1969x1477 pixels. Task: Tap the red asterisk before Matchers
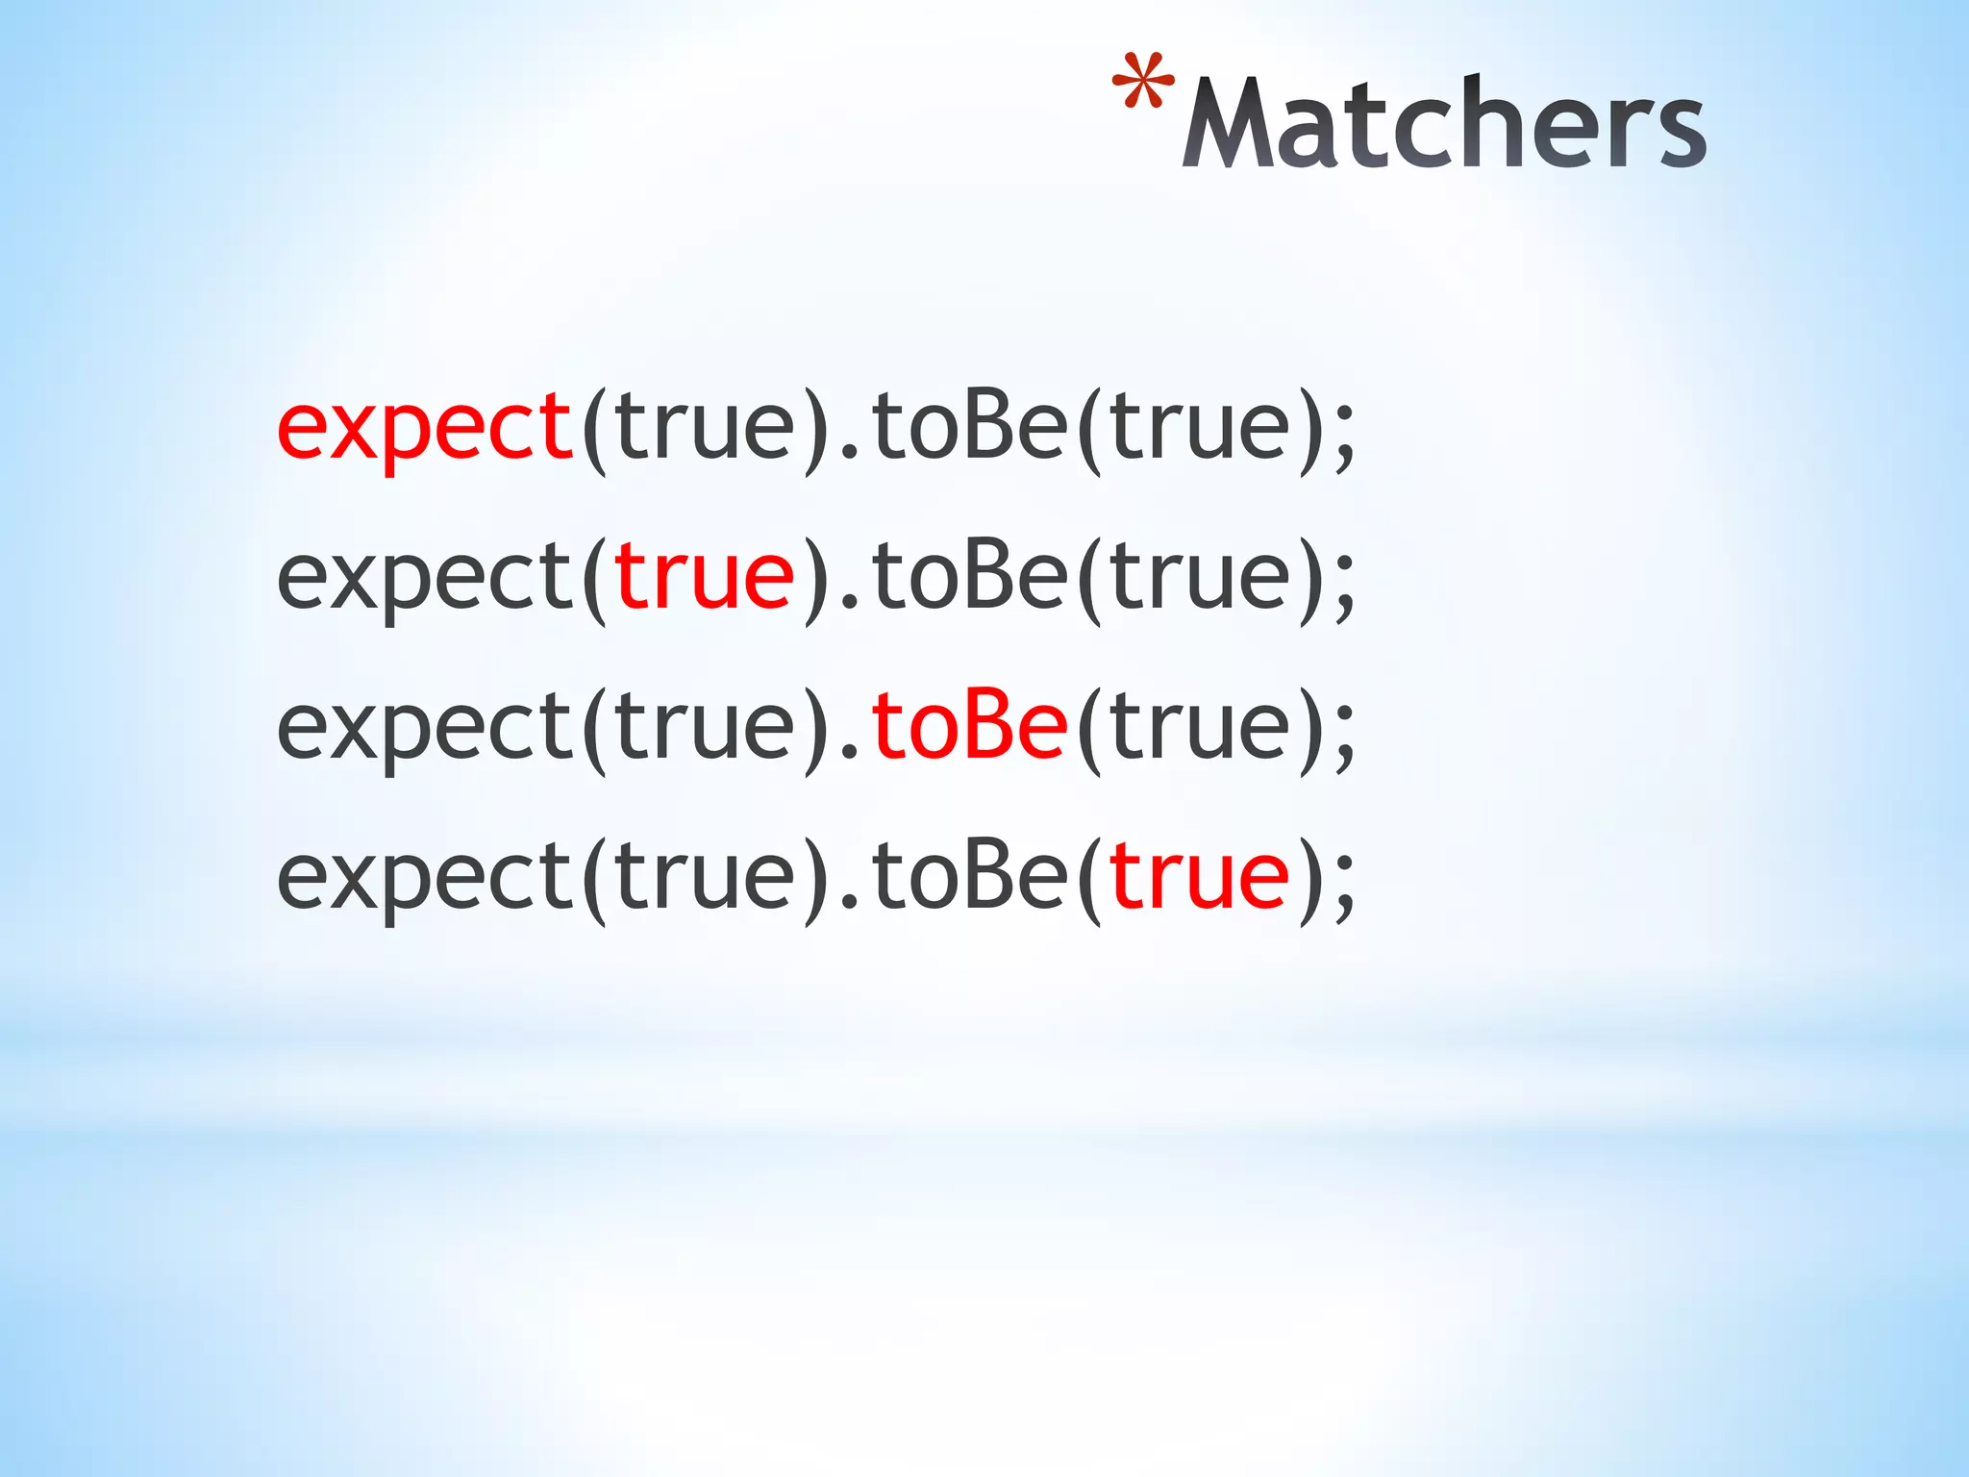pyautogui.click(x=1143, y=83)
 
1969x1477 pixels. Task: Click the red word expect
pyautogui.click(x=424, y=429)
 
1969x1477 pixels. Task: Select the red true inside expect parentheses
pyautogui.click(x=705, y=577)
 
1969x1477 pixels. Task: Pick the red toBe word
pyautogui.click(x=970, y=727)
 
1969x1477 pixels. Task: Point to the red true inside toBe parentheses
pyautogui.click(x=1199, y=877)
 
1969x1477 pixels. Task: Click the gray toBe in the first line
pyautogui.click(x=970, y=427)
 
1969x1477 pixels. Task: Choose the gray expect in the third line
pyautogui.click(x=424, y=729)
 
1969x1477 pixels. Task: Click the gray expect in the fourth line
pyautogui.click(x=424, y=879)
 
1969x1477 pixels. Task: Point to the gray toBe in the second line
pyautogui.click(x=970, y=577)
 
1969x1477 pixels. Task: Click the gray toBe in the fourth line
pyautogui.click(x=970, y=877)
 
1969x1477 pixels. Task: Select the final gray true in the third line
pyautogui.click(x=1199, y=727)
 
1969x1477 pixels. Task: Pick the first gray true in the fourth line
pyautogui.click(x=705, y=877)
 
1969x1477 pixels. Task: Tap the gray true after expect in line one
pyautogui.click(x=705, y=427)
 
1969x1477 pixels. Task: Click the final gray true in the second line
pyautogui.click(x=1199, y=577)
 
